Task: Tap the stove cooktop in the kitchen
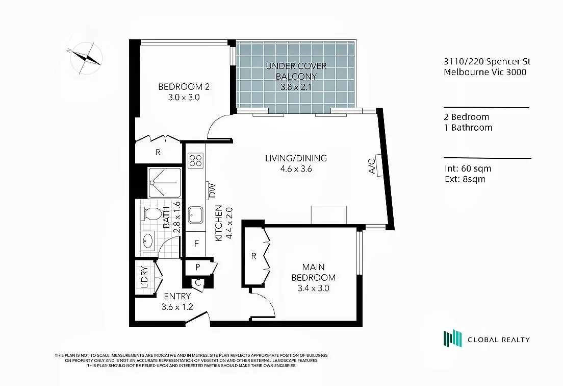(x=195, y=161)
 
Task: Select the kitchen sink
(x=195, y=215)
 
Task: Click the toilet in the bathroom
(x=151, y=213)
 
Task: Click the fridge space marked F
(x=195, y=243)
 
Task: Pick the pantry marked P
(x=198, y=267)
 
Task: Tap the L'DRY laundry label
(x=144, y=278)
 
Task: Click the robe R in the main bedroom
(x=253, y=256)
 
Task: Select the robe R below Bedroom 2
(x=158, y=152)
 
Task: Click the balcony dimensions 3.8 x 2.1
(x=296, y=87)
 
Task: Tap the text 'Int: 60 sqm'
(x=468, y=168)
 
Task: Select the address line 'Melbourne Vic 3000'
(x=485, y=72)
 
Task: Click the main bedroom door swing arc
(x=265, y=304)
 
